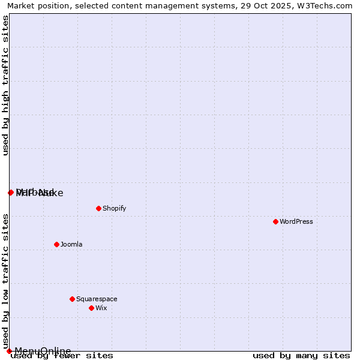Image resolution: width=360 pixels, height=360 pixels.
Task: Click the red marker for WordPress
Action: [x=275, y=221]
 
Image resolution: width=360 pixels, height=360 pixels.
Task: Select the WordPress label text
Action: [x=296, y=221]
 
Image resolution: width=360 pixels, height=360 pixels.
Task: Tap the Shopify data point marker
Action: [x=98, y=208]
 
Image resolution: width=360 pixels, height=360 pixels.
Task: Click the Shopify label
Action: [x=114, y=208]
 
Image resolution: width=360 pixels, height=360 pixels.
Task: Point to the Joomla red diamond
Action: [x=56, y=244]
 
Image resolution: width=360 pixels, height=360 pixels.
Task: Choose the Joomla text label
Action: [x=71, y=244]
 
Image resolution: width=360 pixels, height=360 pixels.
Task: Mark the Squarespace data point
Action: [x=72, y=299]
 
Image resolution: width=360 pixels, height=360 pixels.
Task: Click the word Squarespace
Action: [x=97, y=299]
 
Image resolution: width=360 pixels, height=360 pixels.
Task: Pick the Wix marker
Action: [x=91, y=308]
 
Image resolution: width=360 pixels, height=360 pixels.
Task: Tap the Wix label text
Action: [x=101, y=308]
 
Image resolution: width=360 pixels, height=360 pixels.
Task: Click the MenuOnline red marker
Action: [x=9, y=351]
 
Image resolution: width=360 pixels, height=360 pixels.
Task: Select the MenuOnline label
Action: [x=43, y=351]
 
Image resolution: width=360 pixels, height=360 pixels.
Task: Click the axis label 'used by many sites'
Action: [x=301, y=356]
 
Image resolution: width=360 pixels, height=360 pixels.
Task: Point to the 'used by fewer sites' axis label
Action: [x=62, y=356]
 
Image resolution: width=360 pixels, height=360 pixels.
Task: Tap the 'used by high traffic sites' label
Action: [x=5, y=86]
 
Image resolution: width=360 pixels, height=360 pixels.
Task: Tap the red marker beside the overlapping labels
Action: [x=11, y=193]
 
